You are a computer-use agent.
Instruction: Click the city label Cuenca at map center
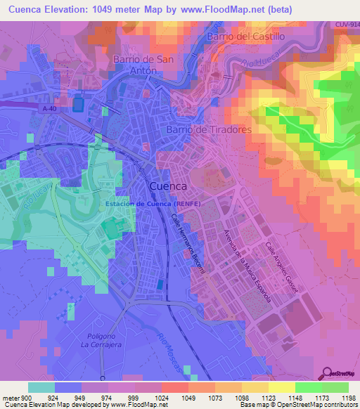coord(168,186)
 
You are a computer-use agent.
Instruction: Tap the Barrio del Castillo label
coord(246,36)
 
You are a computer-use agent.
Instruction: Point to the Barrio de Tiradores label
coord(209,130)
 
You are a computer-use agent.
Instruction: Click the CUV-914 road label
coord(347,25)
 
